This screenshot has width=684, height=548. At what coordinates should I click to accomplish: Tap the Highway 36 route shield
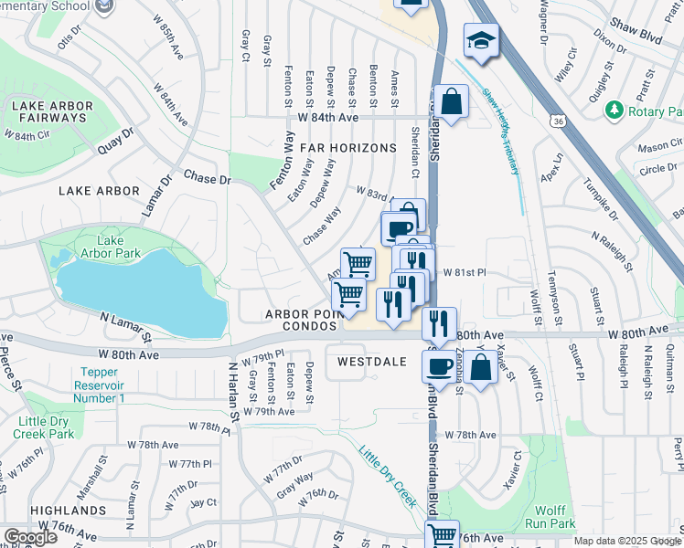[557, 120]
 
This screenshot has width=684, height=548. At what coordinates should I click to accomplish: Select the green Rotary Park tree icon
[614, 110]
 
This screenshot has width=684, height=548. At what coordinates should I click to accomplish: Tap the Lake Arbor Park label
[110, 247]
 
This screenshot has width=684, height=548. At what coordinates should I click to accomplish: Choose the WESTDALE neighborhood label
[371, 362]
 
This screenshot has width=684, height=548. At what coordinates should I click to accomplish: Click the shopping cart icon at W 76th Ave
[442, 534]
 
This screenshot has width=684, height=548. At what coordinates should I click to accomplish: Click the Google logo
[30, 537]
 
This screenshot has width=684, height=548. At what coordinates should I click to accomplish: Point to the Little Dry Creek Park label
[43, 427]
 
